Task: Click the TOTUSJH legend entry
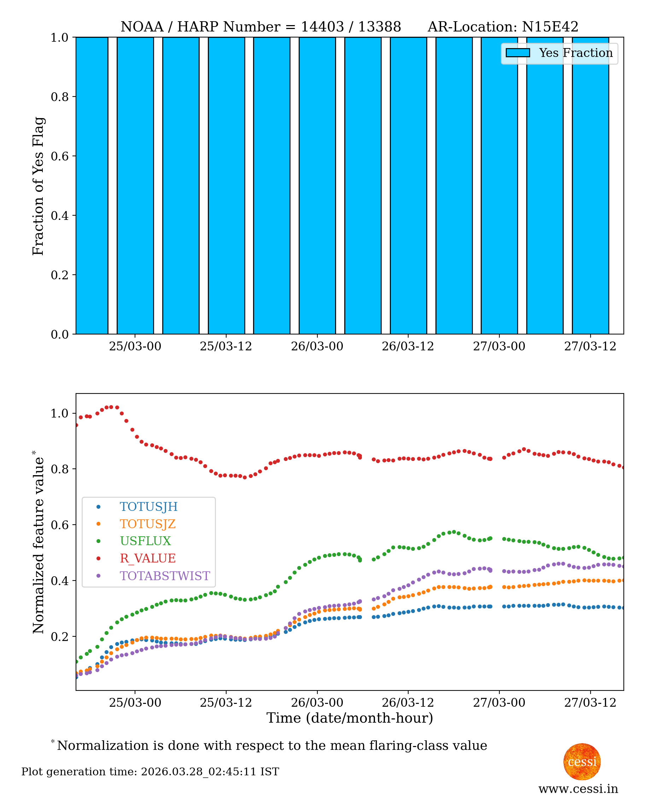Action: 148,507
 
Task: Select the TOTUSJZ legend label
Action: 147,524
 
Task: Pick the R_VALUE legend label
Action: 147,558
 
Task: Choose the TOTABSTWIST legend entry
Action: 165,576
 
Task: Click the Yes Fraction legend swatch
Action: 517,53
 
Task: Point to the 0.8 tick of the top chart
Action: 59,97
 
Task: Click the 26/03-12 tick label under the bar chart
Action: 407,346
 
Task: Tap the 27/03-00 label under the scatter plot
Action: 499,703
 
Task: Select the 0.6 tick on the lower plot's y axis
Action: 59,525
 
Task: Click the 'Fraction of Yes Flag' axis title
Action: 38,186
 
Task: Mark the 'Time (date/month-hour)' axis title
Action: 350,718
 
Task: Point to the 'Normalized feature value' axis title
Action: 38,543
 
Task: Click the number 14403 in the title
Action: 322,27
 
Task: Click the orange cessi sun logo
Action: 582,762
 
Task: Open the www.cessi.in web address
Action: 578,789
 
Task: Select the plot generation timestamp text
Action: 150,771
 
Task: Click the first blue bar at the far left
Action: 92,186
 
